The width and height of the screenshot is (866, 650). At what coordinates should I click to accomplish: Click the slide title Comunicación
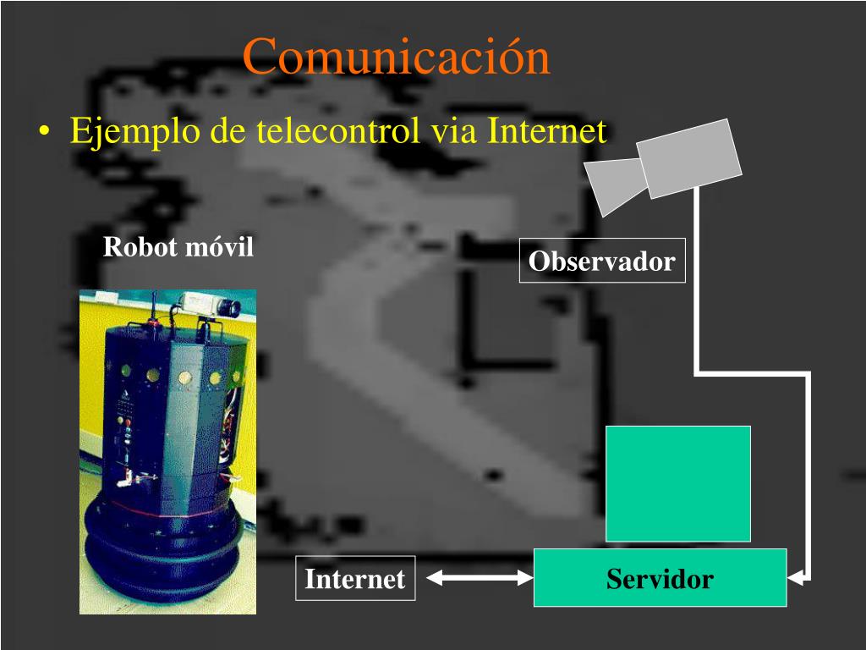(396, 57)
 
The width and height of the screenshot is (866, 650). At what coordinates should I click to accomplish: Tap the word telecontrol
(338, 131)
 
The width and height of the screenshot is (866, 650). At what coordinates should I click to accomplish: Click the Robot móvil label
(178, 247)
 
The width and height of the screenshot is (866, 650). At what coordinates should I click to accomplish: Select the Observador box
(601, 261)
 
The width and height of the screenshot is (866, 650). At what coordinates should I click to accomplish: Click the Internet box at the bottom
(355, 579)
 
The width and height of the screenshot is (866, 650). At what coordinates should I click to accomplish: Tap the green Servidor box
(660, 579)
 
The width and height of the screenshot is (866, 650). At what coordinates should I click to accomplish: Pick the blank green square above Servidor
(677, 483)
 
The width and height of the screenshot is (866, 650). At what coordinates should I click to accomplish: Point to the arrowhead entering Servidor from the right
(796, 579)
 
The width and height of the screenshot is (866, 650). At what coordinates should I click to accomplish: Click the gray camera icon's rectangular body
(689, 157)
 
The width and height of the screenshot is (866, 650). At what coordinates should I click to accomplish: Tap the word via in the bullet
(456, 131)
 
